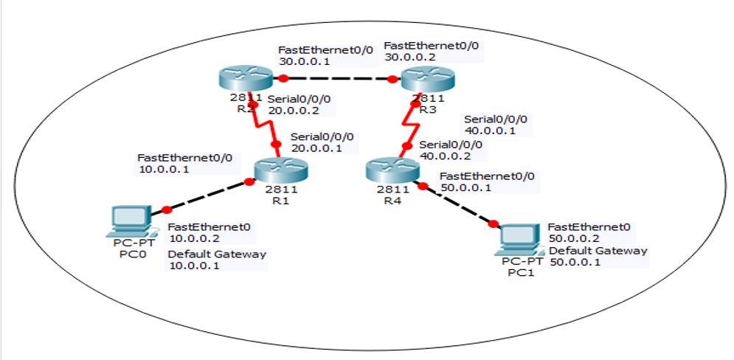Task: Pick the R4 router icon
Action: tap(392, 172)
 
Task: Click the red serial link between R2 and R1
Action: tap(265, 125)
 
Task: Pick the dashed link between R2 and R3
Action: tap(336, 78)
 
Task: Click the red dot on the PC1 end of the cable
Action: tap(494, 224)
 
